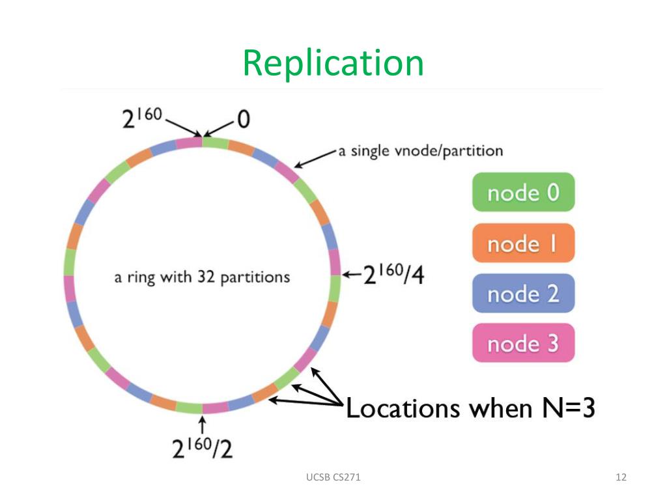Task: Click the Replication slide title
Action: tap(333, 63)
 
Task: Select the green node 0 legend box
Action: tap(523, 192)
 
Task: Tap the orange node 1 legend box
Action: tap(523, 243)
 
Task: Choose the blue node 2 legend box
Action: tap(523, 293)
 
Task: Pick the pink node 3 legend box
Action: tap(523, 343)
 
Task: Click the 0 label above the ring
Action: tap(243, 119)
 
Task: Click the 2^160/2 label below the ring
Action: tap(202, 447)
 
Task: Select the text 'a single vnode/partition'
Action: tap(420, 151)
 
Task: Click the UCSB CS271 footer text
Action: tap(333, 478)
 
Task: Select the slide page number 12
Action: tap(620, 478)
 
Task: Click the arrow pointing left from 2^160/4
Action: tap(352, 274)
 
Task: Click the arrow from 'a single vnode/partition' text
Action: tap(317, 156)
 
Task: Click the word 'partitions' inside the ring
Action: tap(255, 277)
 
